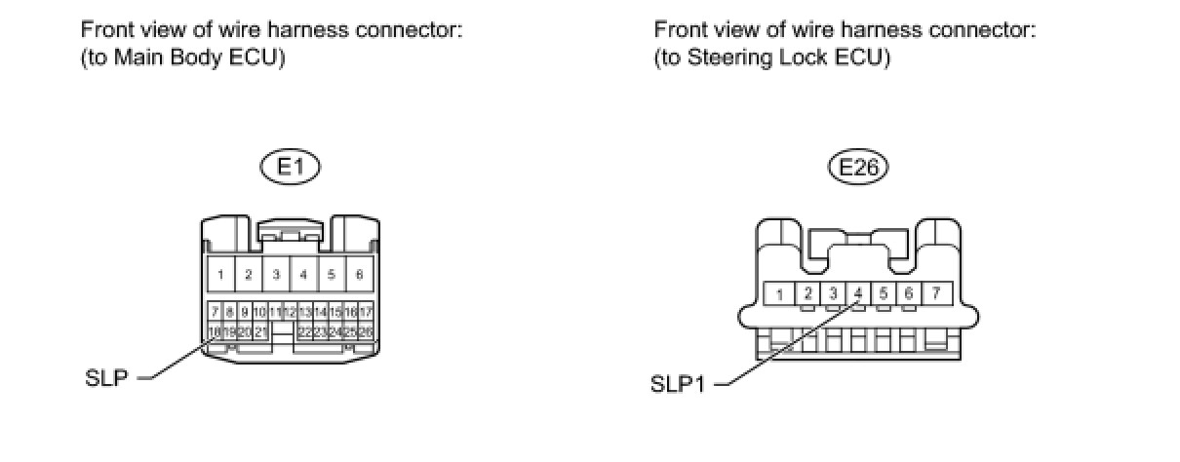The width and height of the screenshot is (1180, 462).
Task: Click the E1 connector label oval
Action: tap(292, 168)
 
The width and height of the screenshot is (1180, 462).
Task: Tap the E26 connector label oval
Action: tap(859, 168)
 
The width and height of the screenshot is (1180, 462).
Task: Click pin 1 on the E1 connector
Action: tap(221, 275)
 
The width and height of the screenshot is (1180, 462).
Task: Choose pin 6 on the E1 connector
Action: tap(359, 275)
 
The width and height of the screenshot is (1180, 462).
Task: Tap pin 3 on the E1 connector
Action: tap(276, 275)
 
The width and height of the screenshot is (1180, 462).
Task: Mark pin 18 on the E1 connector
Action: tap(215, 332)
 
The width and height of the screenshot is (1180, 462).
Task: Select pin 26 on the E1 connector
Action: tap(367, 332)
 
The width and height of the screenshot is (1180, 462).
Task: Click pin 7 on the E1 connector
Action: tap(215, 312)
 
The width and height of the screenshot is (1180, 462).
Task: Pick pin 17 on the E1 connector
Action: tap(367, 312)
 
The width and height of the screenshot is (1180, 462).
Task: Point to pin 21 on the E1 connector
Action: tap(260, 332)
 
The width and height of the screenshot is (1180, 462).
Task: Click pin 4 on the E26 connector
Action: tap(857, 292)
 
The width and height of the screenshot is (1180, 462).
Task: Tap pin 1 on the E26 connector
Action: tap(780, 292)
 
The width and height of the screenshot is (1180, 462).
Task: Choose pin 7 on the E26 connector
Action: tap(935, 292)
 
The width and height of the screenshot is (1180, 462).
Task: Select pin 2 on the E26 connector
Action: tap(807, 292)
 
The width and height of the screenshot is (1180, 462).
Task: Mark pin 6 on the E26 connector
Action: tap(908, 292)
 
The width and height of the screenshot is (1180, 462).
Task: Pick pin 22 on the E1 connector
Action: tap(305, 332)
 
